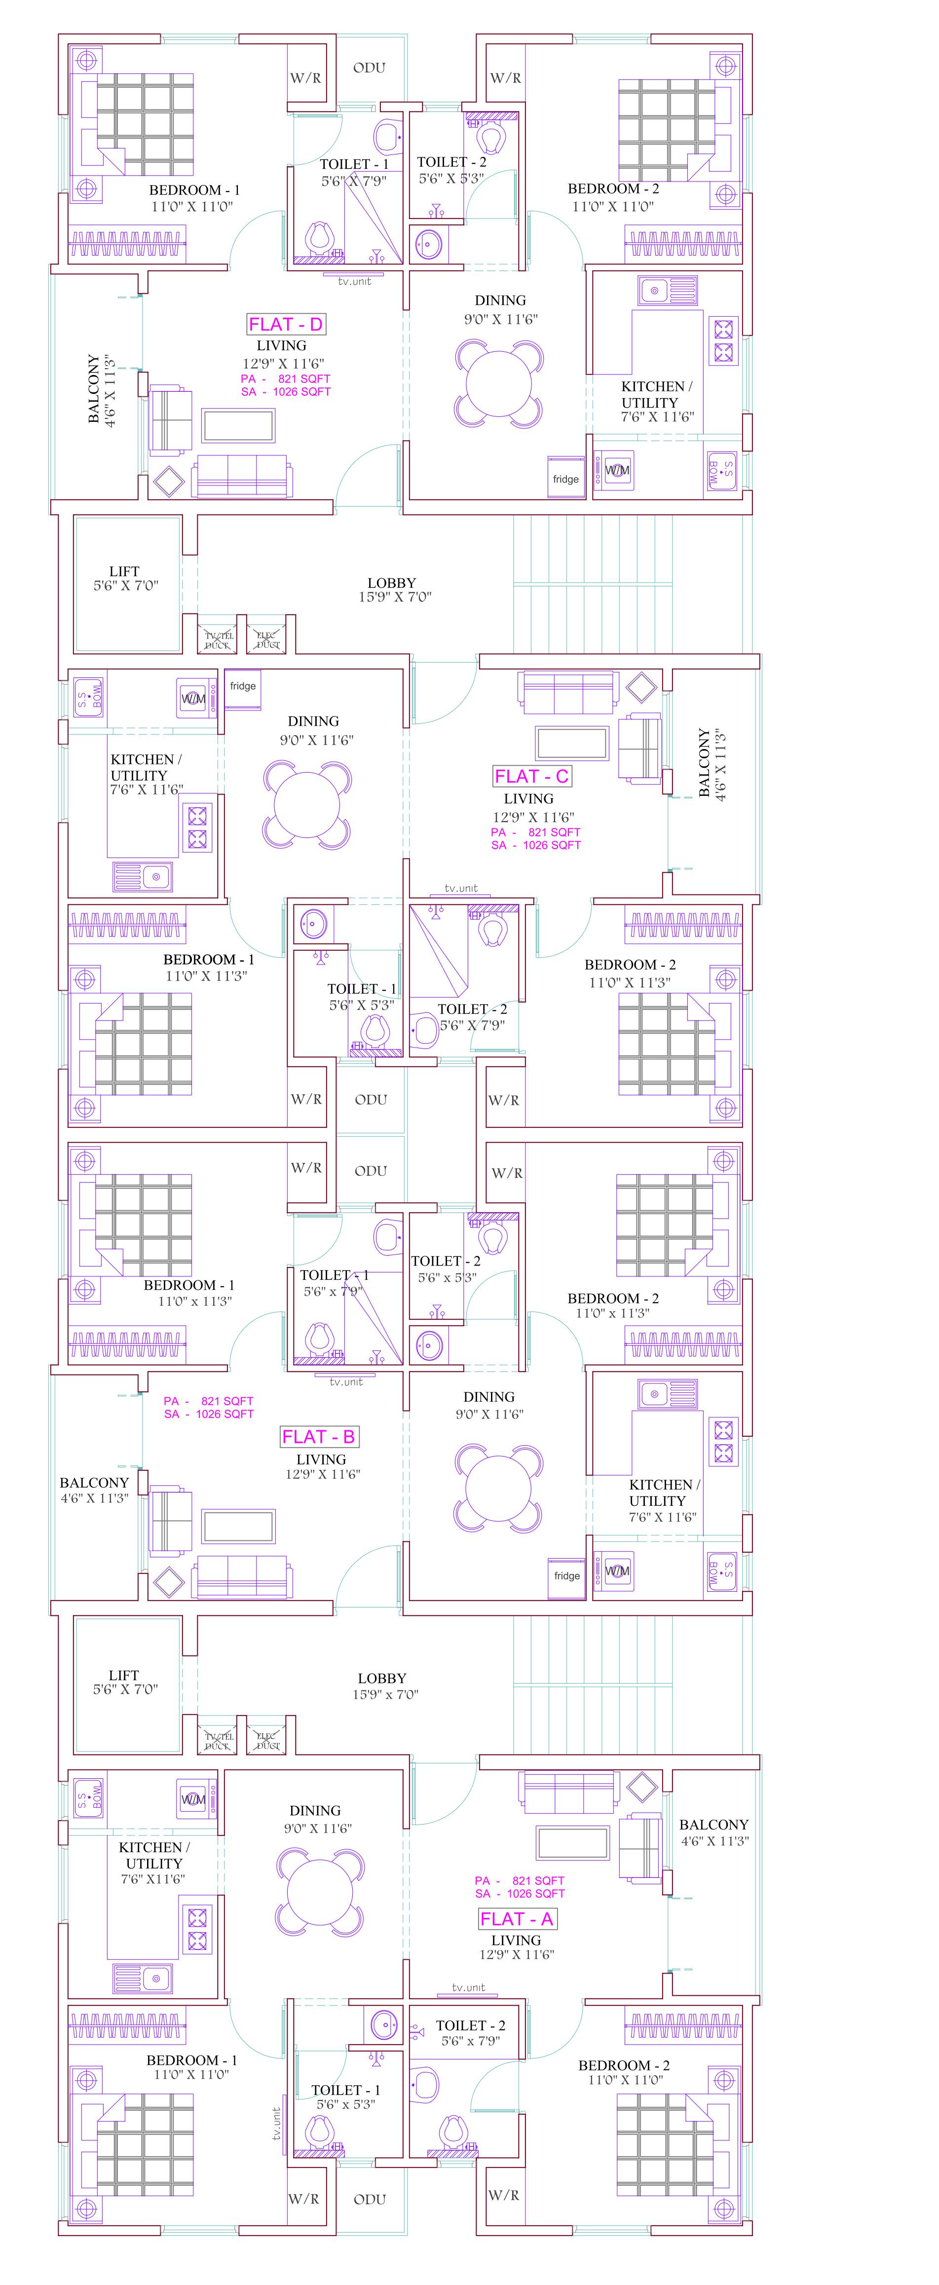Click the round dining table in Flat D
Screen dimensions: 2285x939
tap(499, 384)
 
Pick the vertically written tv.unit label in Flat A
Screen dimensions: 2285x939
tap(277, 2125)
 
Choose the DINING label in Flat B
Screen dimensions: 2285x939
tap(488, 1396)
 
